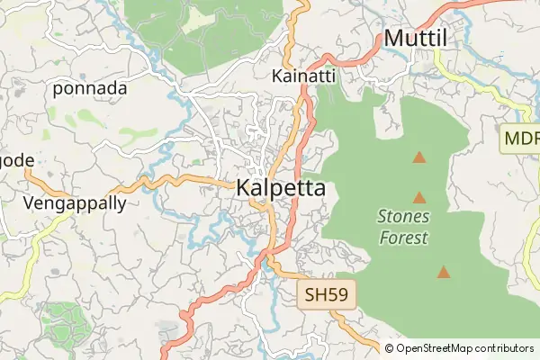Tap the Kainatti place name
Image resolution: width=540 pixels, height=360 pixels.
pos(303,76)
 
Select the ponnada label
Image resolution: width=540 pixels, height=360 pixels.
pos(90,88)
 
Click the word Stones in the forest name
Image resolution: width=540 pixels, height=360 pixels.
pos(403,217)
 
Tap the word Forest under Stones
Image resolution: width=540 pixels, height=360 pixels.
pos(403,238)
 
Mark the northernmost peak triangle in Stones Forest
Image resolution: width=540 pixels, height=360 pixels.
pos(418,157)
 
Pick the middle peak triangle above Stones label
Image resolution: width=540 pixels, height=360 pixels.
pos(418,196)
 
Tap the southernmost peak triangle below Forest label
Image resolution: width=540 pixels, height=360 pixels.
pos(443,271)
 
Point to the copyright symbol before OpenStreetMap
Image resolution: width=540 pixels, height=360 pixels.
pos(390,348)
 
